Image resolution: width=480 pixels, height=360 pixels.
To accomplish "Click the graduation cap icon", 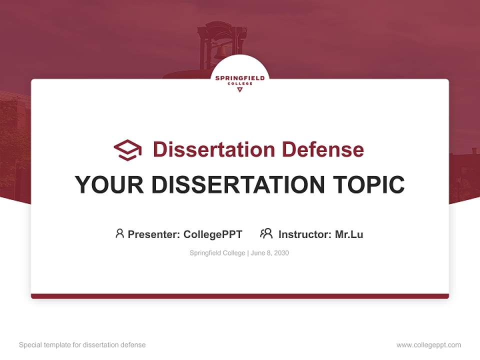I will pos(127,150).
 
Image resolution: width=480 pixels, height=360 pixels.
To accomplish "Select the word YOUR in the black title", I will pos(109,184).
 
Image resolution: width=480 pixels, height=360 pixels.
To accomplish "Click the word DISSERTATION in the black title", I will pos(237,184).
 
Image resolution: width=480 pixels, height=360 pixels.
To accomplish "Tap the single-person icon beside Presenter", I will pos(119,233).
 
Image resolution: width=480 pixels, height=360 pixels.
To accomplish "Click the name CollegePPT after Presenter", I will pos(213,234).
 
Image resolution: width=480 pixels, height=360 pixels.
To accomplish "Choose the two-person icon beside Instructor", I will pos(266,233).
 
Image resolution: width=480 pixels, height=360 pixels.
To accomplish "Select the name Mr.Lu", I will pos(349,234).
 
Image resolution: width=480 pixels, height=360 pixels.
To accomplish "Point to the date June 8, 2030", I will pos(270,253).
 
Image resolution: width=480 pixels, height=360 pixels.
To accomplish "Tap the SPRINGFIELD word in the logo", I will pos(240,78).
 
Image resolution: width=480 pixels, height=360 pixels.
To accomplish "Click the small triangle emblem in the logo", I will pos(239,90).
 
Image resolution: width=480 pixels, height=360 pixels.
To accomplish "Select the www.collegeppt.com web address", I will pos(428,345).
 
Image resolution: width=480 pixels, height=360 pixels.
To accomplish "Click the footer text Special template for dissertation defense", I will pos(82,345).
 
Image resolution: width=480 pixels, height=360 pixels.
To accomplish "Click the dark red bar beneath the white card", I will pos(240,296).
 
